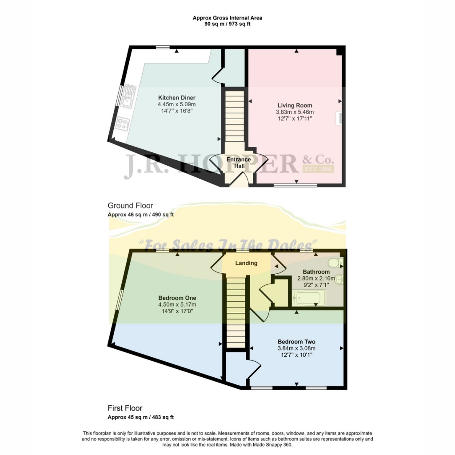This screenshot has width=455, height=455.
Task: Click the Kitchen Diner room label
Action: tap(177, 98)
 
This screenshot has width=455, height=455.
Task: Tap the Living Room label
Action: tap(295, 106)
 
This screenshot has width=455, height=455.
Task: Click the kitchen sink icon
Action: tap(129, 96)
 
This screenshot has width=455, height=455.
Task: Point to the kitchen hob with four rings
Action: tap(122, 124)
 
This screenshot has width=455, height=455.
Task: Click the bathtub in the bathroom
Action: tap(309, 298)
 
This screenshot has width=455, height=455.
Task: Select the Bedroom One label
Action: tap(177, 298)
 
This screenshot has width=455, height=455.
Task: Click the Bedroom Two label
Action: tap(296, 342)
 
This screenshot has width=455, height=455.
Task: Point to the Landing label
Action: tap(246, 263)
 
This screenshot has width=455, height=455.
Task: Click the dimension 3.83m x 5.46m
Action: tap(295, 112)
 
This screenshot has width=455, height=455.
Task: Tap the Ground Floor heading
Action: tap(130, 206)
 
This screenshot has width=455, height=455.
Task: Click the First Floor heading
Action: tap(125, 408)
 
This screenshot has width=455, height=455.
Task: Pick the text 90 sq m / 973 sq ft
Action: tap(227, 24)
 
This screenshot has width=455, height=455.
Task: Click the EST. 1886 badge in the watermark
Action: tap(318, 169)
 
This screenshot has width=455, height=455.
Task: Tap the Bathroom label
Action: tap(316, 272)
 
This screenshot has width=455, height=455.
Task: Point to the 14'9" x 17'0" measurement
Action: tap(177, 311)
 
